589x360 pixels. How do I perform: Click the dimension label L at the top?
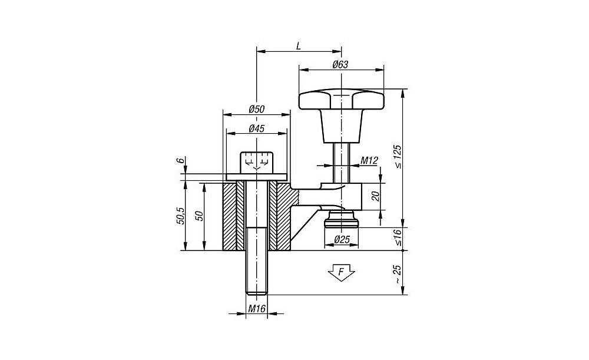298,46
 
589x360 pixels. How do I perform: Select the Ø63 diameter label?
340,65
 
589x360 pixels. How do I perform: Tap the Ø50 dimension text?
257,110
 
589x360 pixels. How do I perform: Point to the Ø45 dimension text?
257,128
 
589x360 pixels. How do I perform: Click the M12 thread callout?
369,161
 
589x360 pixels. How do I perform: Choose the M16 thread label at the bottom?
257,309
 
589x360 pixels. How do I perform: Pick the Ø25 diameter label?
342,239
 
